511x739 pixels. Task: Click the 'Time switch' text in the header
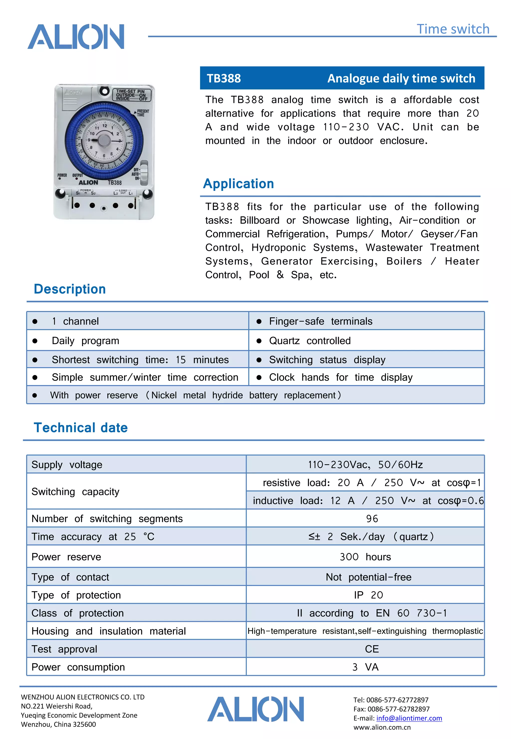click(x=453, y=29)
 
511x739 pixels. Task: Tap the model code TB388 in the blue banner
click(x=224, y=78)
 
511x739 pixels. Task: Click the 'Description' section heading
click(x=70, y=289)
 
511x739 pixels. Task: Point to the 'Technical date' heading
click(x=81, y=428)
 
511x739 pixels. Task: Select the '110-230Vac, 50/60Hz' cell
click(x=365, y=465)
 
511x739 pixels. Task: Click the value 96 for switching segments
click(x=372, y=518)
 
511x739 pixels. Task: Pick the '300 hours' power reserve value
click(x=365, y=557)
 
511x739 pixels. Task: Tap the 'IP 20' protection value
click(x=368, y=595)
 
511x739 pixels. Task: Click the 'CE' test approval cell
click(x=372, y=649)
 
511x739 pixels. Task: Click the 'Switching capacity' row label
click(x=75, y=492)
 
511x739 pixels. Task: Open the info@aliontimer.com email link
click(x=409, y=718)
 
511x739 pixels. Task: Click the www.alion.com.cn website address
click(x=382, y=727)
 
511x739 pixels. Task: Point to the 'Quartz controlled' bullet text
click(x=310, y=341)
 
